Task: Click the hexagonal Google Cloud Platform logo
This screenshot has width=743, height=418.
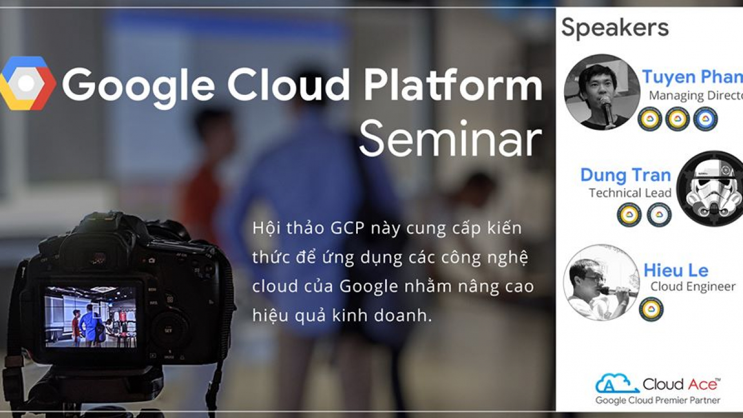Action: pos(27,83)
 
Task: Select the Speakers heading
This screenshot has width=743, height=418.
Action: pos(614,27)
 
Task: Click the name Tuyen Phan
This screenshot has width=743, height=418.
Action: pos(692,77)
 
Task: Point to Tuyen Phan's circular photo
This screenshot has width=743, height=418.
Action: pos(601,91)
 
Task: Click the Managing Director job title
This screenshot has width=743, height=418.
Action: pos(695,95)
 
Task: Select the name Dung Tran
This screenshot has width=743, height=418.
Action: pos(625,174)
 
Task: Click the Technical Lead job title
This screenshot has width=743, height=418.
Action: pos(630,193)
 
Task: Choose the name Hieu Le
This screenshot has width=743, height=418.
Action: pos(676,270)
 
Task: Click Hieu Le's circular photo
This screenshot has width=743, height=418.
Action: pos(601,282)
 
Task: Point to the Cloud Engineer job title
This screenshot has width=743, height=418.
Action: pos(693,286)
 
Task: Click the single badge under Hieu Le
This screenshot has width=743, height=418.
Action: pos(651,309)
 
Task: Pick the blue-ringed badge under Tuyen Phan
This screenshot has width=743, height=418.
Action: pos(705,119)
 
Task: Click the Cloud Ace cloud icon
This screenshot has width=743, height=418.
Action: pos(616,383)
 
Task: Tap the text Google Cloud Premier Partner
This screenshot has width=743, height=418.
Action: pos(657,400)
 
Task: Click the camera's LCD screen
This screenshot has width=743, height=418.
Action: pos(90,316)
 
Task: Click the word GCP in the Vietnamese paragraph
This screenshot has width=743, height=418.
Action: pos(347,228)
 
